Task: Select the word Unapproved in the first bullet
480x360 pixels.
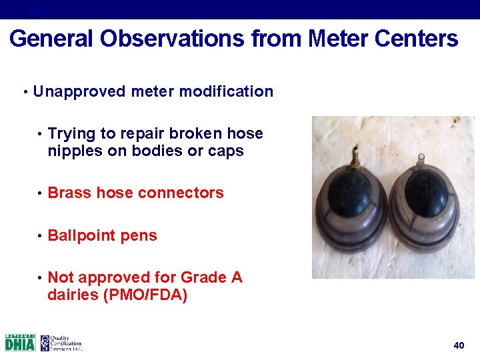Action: coord(77,91)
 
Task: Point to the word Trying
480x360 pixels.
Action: coord(71,134)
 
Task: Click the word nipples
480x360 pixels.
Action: coord(73,151)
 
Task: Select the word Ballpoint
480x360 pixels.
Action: coord(81,235)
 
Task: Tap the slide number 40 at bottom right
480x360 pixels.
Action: coord(459,345)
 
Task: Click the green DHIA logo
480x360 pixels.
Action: coord(20,343)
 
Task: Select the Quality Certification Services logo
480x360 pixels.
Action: coord(61,343)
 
